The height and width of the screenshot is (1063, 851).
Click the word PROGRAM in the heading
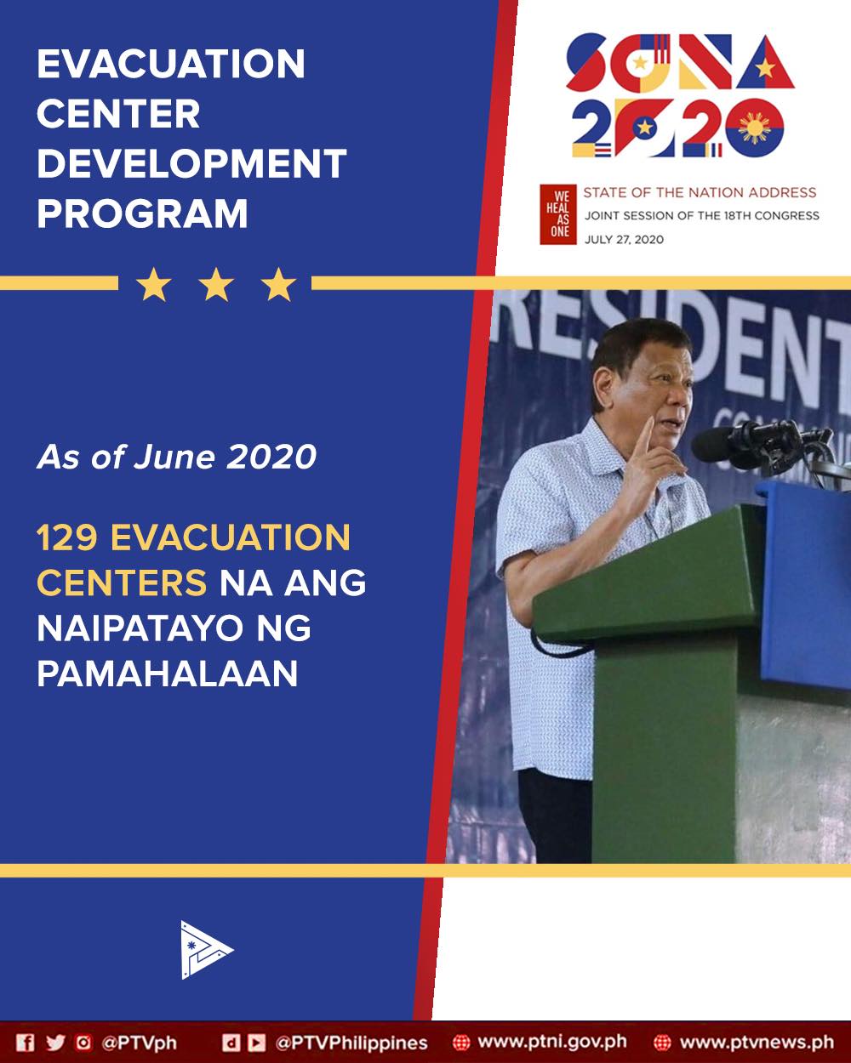point(142,213)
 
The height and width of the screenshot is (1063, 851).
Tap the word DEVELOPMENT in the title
point(191,163)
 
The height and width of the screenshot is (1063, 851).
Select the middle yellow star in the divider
point(216,285)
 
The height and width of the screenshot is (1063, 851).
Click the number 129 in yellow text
point(67,537)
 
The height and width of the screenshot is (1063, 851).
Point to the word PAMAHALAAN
point(168,674)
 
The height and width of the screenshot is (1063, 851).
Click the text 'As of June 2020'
point(176,457)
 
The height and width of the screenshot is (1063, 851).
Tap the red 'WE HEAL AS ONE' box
point(557,214)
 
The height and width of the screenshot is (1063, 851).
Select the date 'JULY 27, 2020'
point(624,240)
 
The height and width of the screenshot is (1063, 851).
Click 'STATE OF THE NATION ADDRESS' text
point(700,192)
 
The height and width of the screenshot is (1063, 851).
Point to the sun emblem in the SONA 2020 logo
point(755,128)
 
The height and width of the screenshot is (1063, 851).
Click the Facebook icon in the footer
point(26,1043)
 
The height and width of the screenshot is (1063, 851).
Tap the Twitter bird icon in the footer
point(55,1043)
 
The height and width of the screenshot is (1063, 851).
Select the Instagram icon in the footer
point(83,1043)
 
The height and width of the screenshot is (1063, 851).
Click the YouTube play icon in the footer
point(256,1043)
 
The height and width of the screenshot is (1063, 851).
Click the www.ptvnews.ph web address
point(757,1043)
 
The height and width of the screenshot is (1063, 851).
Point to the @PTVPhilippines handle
point(351,1043)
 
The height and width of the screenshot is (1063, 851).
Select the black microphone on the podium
point(746,445)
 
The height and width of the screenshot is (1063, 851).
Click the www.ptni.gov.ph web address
point(552,1043)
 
